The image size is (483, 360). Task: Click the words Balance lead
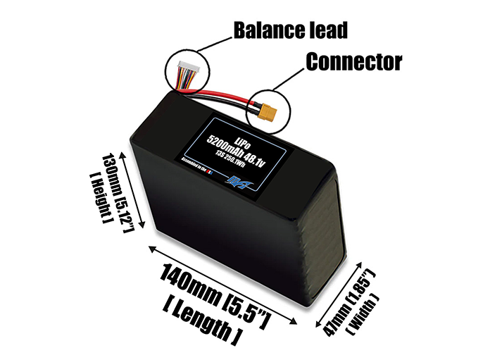tap(291, 31)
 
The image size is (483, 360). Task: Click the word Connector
tap(353, 62)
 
